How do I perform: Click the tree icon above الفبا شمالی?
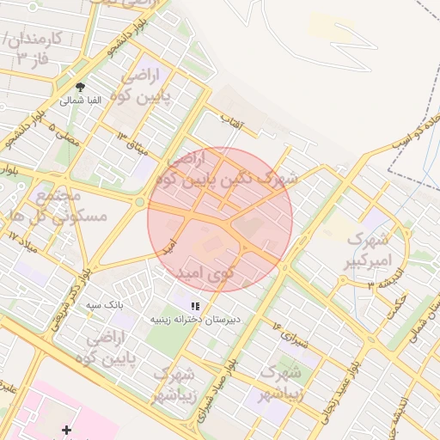click(x=81, y=87)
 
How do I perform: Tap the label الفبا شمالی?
click(x=81, y=101)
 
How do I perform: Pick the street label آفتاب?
click(x=233, y=123)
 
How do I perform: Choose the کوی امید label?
click(x=205, y=273)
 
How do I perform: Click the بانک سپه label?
click(x=109, y=304)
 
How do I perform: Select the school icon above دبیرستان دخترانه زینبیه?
click(x=196, y=305)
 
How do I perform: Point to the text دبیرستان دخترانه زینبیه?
click(x=197, y=318)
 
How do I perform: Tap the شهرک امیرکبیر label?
click(x=369, y=247)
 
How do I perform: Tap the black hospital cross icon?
click(x=66, y=429)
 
